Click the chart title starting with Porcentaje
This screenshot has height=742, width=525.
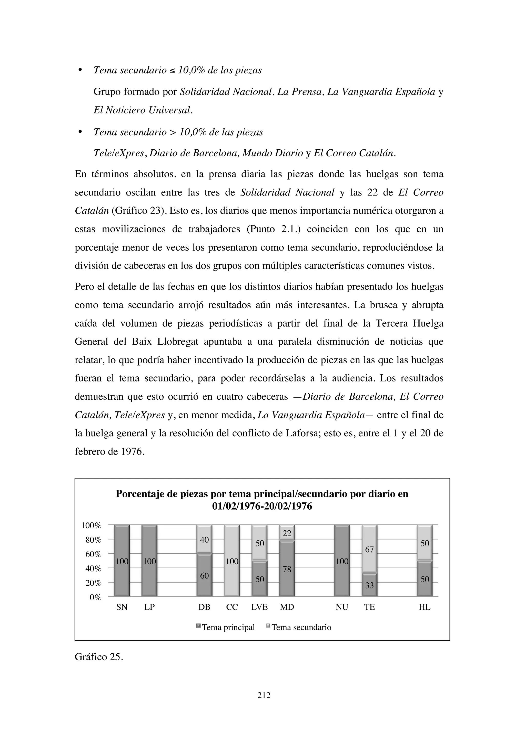262,500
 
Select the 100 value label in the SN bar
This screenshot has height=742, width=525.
122,562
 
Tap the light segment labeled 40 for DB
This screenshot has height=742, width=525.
204,540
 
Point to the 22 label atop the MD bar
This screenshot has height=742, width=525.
287,533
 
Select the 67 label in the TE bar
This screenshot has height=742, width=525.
369,549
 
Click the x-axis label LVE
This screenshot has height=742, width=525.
259,607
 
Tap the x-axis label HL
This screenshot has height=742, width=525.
424,607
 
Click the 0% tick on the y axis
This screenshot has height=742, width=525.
95,597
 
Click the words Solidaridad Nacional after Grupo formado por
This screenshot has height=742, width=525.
225,92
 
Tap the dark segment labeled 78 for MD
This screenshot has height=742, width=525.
287,569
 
